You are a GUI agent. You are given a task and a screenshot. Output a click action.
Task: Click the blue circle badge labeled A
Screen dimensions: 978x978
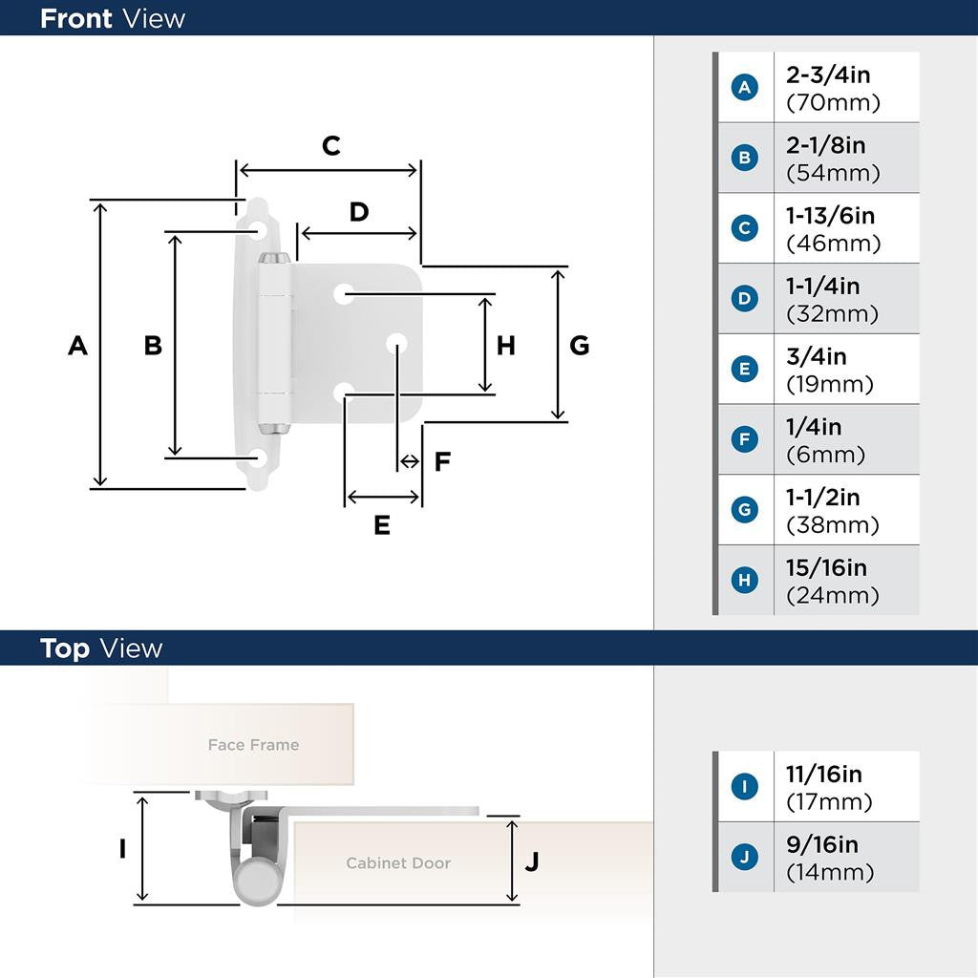[x=745, y=88]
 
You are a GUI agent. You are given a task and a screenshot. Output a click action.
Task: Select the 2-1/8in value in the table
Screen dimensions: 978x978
[x=825, y=145]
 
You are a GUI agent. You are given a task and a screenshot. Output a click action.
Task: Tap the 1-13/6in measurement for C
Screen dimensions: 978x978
[x=830, y=216]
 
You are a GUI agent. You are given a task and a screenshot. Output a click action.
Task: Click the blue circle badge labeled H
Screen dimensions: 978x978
[x=745, y=580]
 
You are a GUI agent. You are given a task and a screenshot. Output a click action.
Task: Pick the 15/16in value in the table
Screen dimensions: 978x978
[x=826, y=568]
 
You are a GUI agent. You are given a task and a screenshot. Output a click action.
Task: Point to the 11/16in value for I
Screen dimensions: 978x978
[x=823, y=775]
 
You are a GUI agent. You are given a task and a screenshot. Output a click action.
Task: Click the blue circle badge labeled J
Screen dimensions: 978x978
[x=745, y=857]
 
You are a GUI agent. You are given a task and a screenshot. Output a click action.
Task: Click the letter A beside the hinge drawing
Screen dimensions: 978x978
[x=77, y=346]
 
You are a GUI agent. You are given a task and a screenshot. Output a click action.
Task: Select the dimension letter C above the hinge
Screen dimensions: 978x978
[x=330, y=146]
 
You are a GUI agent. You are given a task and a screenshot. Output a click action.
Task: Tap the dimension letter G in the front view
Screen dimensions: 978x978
[x=580, y=346]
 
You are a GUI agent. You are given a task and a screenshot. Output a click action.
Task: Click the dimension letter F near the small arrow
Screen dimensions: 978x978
[x=442, y=462]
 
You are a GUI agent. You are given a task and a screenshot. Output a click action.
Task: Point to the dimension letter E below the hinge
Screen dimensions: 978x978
[x=382, y=525]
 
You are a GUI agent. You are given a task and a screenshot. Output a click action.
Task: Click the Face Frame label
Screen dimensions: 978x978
[x=253, y=745]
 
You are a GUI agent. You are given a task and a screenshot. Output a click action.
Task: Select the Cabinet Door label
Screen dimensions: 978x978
[x=398, y=863]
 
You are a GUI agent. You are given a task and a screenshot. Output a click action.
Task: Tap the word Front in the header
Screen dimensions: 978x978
[x=75, y=18]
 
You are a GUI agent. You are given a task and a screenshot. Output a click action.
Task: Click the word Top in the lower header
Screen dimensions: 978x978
[x=65, y=648]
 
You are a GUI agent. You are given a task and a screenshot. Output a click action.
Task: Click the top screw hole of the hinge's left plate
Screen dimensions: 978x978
[x=259, y=230]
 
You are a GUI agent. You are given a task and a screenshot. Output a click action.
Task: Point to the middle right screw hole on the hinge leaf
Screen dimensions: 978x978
[x=395, y=343]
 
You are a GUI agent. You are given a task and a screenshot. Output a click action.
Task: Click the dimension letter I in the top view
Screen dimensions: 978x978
[x=122, y=848]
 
